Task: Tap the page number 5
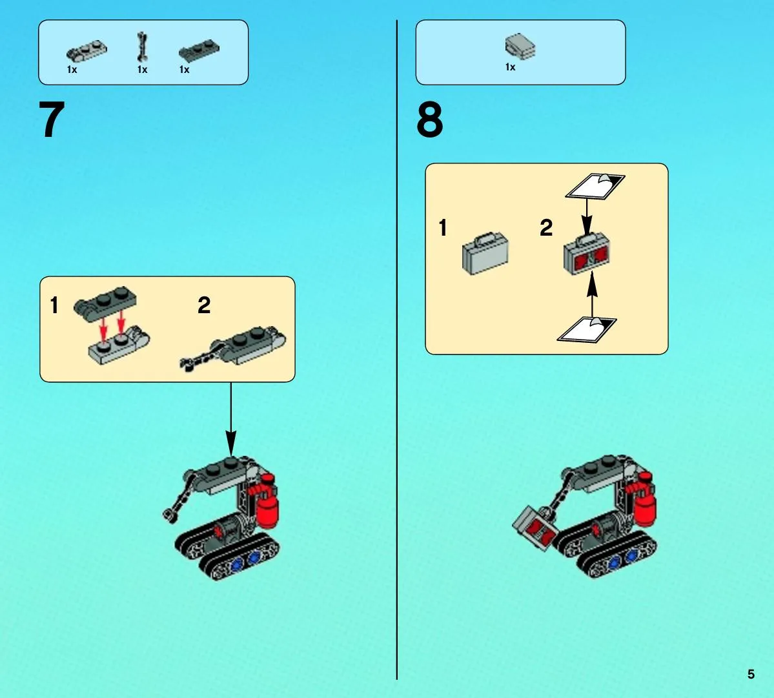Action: point(751,674)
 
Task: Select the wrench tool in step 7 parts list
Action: point(142,48)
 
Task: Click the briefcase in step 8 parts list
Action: point(520,46)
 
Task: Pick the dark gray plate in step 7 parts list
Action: point(199,50)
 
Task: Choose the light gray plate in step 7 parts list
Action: point(87,51)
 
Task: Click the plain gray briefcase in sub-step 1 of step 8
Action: point(485,253)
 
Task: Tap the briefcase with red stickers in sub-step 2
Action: point(586,254)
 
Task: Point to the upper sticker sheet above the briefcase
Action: point(595,186)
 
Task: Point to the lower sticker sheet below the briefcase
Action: point(587,330)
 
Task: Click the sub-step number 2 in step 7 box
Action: point(204,305)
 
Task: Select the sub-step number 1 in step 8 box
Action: point(443,227)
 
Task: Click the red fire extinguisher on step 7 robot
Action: point(266,501)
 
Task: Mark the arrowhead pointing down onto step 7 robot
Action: point(230,444)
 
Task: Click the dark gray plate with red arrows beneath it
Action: point(106,303)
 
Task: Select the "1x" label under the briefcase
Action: point(511,67)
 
